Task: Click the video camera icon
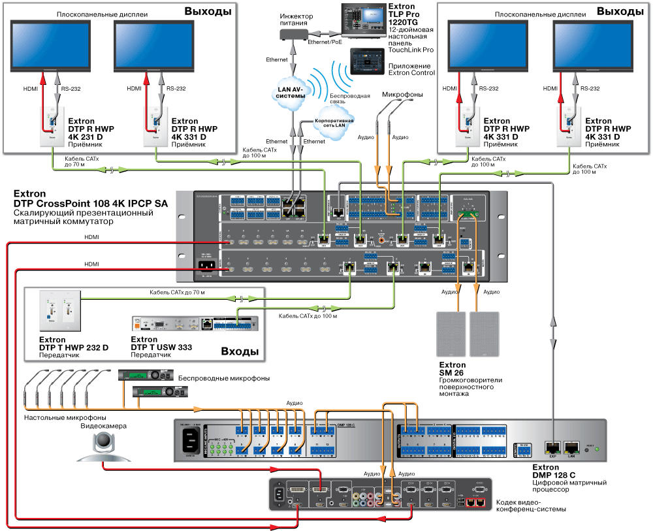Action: pos(103,447)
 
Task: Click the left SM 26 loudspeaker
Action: pos(451,333)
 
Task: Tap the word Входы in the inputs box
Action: pos(239,351)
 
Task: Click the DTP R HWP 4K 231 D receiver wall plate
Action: pos(51,129)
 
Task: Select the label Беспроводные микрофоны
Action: pos(224,378)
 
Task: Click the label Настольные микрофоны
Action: pos(65,417)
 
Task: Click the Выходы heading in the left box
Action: pos(206,10)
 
